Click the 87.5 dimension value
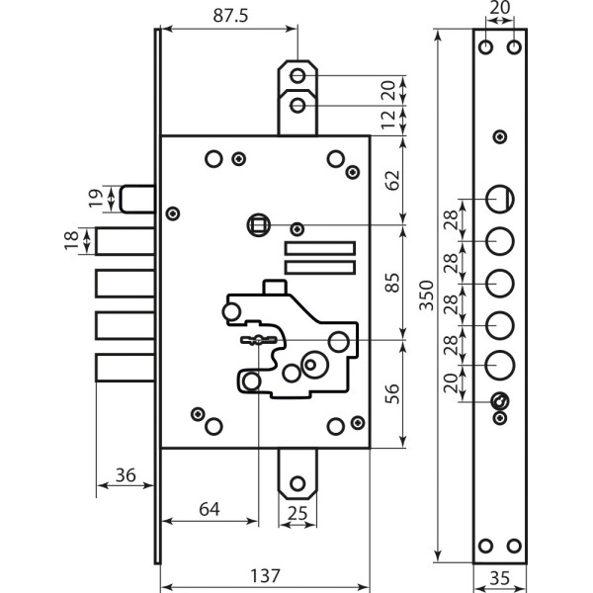click(x=226, y=16)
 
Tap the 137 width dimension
click(x=264, y=575)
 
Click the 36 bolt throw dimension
click(x=125, y=475)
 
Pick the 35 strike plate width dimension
click(x=499, y=576)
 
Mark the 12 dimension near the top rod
click(x=388, y=119)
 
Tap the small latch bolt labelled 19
click(x=139, y=197)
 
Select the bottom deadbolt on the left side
click(x=126, y=369)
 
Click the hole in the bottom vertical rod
click(x=296, y=485)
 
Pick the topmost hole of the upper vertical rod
click(x=297, y=76)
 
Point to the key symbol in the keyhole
click(x=259, y=340)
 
